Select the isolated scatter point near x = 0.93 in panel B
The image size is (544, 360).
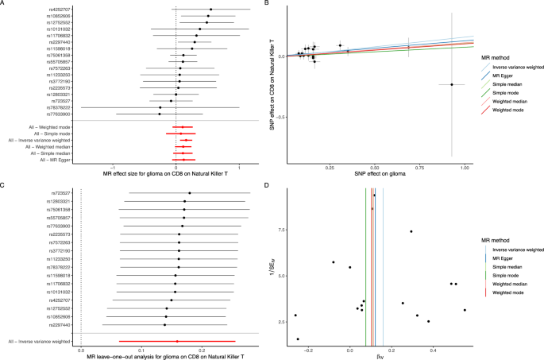coord(452,84)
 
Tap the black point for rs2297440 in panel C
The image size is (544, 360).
coord(165,325)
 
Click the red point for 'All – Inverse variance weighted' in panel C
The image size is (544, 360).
coord(177,341)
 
